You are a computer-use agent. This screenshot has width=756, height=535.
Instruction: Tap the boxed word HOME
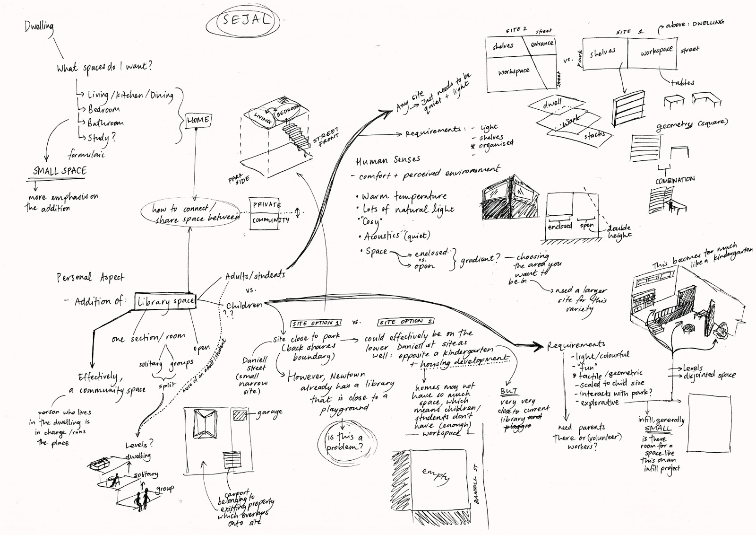click(198, 120)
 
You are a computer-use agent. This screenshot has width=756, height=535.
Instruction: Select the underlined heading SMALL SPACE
click(60, 171)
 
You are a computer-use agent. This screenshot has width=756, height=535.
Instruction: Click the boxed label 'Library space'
click(165, 301)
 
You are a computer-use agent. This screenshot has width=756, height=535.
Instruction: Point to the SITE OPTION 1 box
click(316, 323)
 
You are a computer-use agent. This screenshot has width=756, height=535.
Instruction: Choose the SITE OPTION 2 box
click(406, 322)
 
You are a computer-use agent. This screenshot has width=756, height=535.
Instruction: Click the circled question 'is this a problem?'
click(344, 443)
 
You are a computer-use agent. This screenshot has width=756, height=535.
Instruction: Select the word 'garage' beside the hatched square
click(269, 412)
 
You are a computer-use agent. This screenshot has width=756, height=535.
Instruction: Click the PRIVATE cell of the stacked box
click(266, 205)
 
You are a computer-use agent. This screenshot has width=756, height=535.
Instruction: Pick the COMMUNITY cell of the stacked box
click(270, 220)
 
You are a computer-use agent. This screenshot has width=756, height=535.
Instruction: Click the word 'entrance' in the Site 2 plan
click(542, 44)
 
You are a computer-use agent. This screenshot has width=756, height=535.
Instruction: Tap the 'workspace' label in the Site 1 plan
click(656, 51)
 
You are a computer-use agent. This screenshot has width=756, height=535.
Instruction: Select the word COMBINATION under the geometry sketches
click(675, 180)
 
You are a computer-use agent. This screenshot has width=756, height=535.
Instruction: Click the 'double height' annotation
click(619, 231)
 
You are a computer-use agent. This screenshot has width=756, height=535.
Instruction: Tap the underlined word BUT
click(508, 392)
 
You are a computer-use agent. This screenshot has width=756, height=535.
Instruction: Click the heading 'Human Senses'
click(387, 161)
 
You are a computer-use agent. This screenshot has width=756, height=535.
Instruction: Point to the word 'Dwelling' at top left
click(39, 27)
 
